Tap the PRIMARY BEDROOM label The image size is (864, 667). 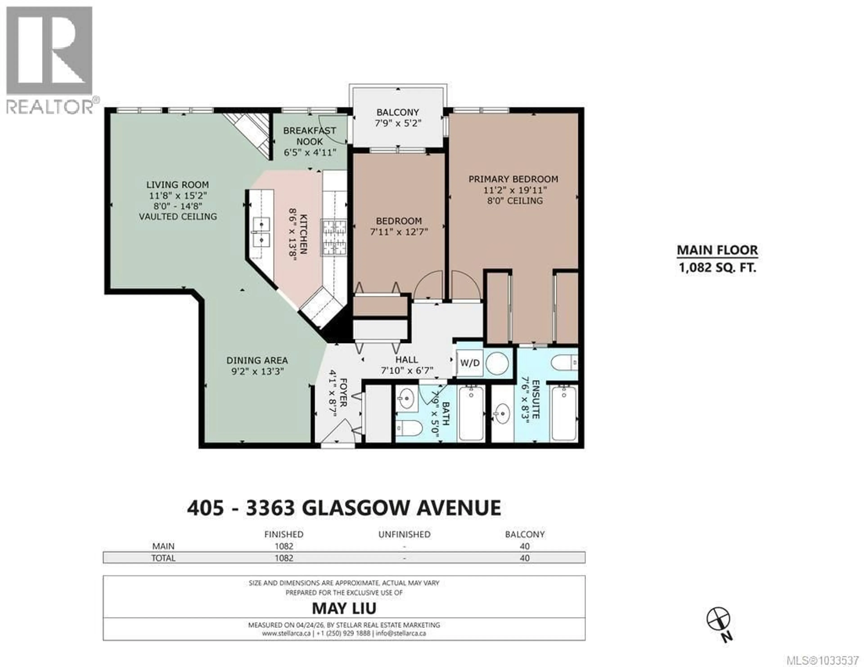pyautogui.click(x=513, y=179)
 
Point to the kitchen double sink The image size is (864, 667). pyautogui.click(x=261, y=232)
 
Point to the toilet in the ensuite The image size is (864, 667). pyautogui.click(x=564, y=363)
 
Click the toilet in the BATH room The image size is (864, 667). pyautogui.click(x=407, y=428)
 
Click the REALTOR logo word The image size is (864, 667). pyautogui.click(x=49, y=107)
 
